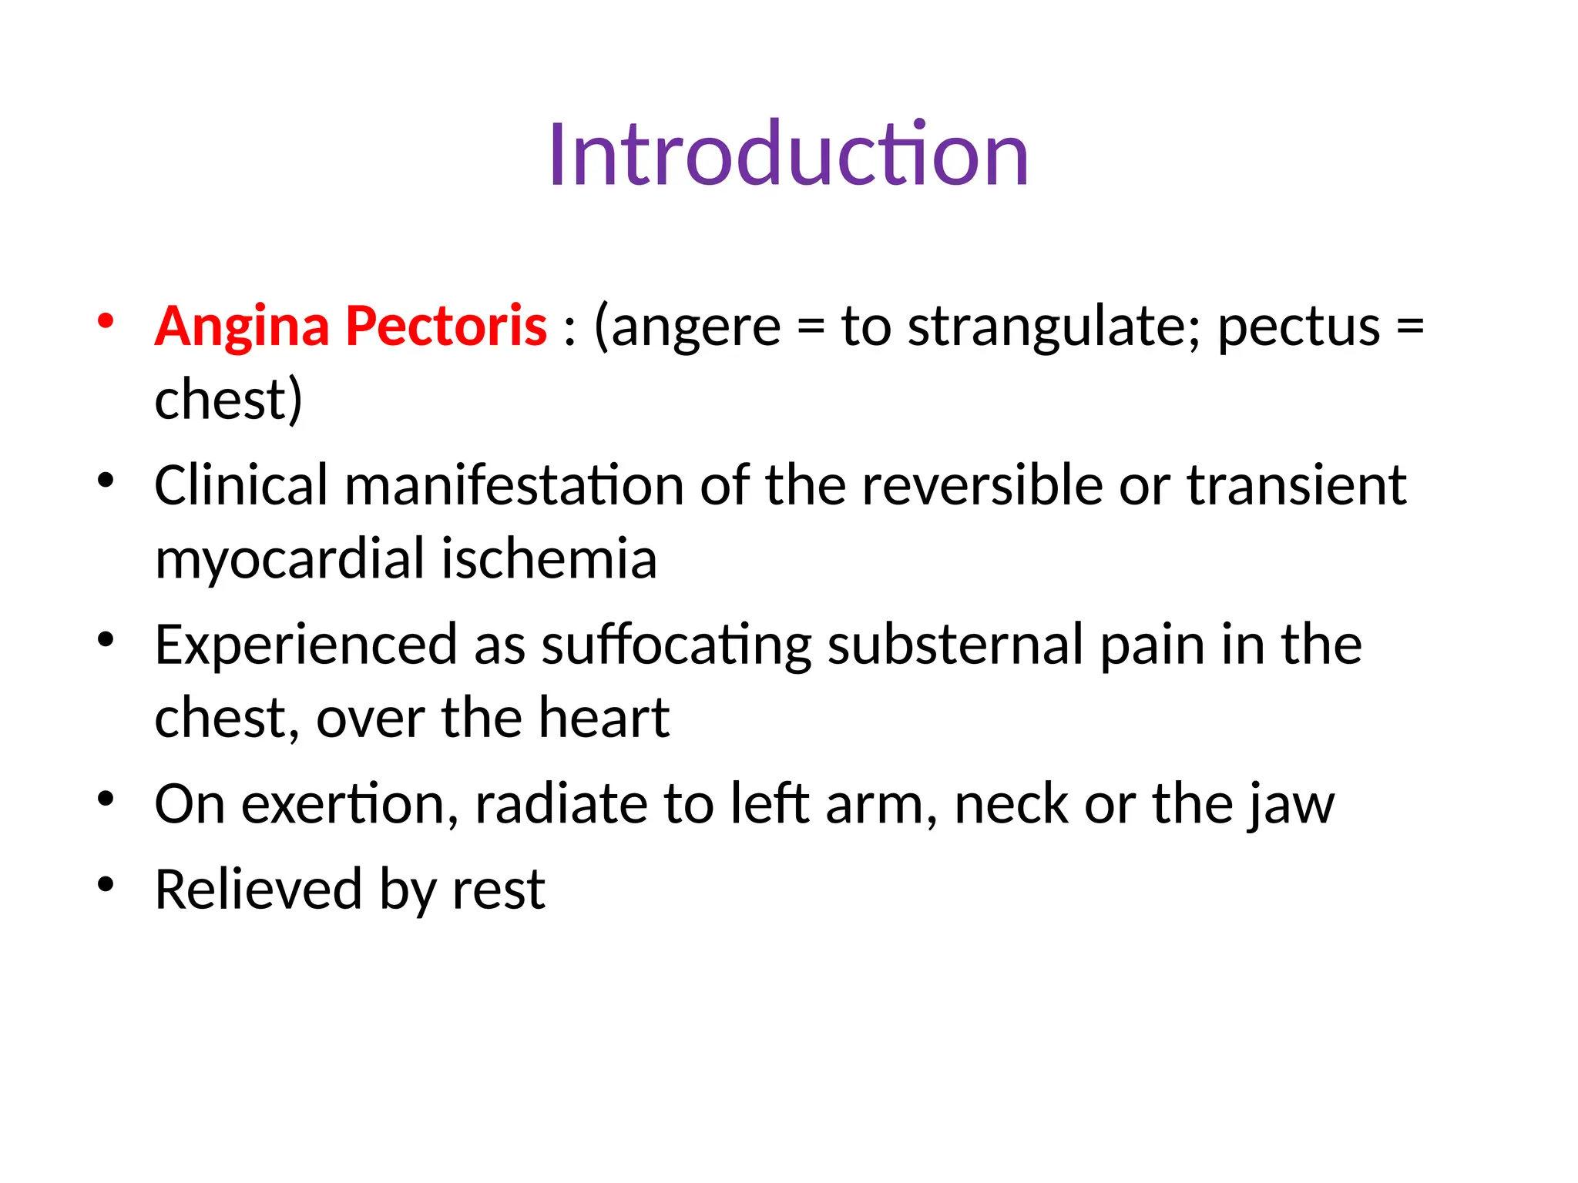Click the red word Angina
tap(242, 327)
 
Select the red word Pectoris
tap(446, 327)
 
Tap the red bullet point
tap(106, 321)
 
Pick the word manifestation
tap(514, 485)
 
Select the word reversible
tap(982, 485)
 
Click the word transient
tap(1297, 485)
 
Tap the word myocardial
tap(290, 559)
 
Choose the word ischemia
tap(549, 559)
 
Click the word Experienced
tap(306, 645)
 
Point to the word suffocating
tap(677, 645)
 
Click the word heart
tap(604, 718)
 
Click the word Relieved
tap(258, 890)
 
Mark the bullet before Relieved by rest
tap(106, 883)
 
